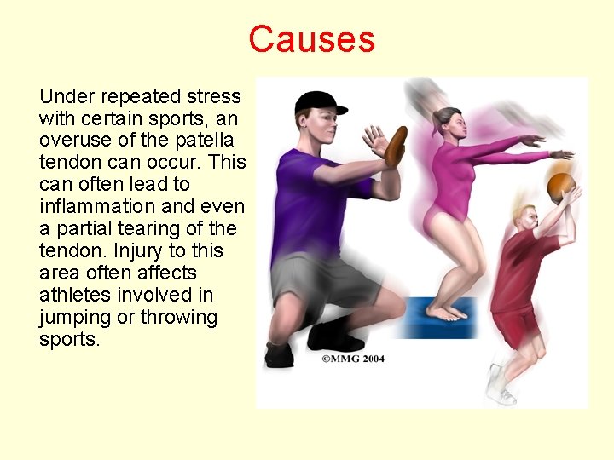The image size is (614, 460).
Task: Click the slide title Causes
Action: (311, 39)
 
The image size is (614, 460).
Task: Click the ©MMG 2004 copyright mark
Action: (353, 359)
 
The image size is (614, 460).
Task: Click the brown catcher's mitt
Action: (395, 147)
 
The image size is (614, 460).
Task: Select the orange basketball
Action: (560, 186)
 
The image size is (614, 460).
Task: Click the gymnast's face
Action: (449, 126)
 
